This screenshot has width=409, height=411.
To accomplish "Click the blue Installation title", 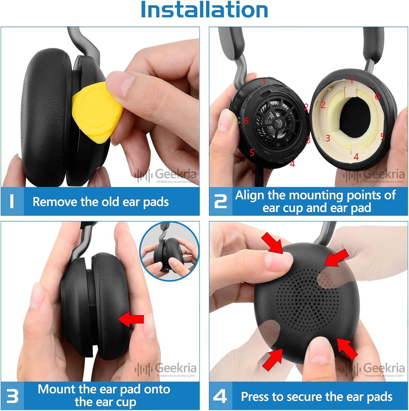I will tap(204, 10).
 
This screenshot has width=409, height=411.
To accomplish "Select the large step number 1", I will tap(11, 201).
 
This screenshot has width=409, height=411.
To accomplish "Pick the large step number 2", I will tap(220, 201).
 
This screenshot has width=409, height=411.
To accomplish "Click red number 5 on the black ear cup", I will tap(252, 153).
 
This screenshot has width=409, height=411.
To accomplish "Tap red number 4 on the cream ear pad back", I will tap(356, 157).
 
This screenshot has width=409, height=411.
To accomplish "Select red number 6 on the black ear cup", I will tap(246, 121).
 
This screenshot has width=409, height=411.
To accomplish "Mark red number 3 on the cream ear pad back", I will tap(328, 138).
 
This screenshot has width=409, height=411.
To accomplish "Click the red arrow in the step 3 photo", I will tap(131, 319).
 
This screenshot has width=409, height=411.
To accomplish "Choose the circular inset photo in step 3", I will tap(170, 252).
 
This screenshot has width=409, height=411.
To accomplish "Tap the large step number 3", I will tap(12, 396).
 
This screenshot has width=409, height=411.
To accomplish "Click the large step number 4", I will tap(220, 396).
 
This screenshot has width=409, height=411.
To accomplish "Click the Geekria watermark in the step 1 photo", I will tap(170, 175).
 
